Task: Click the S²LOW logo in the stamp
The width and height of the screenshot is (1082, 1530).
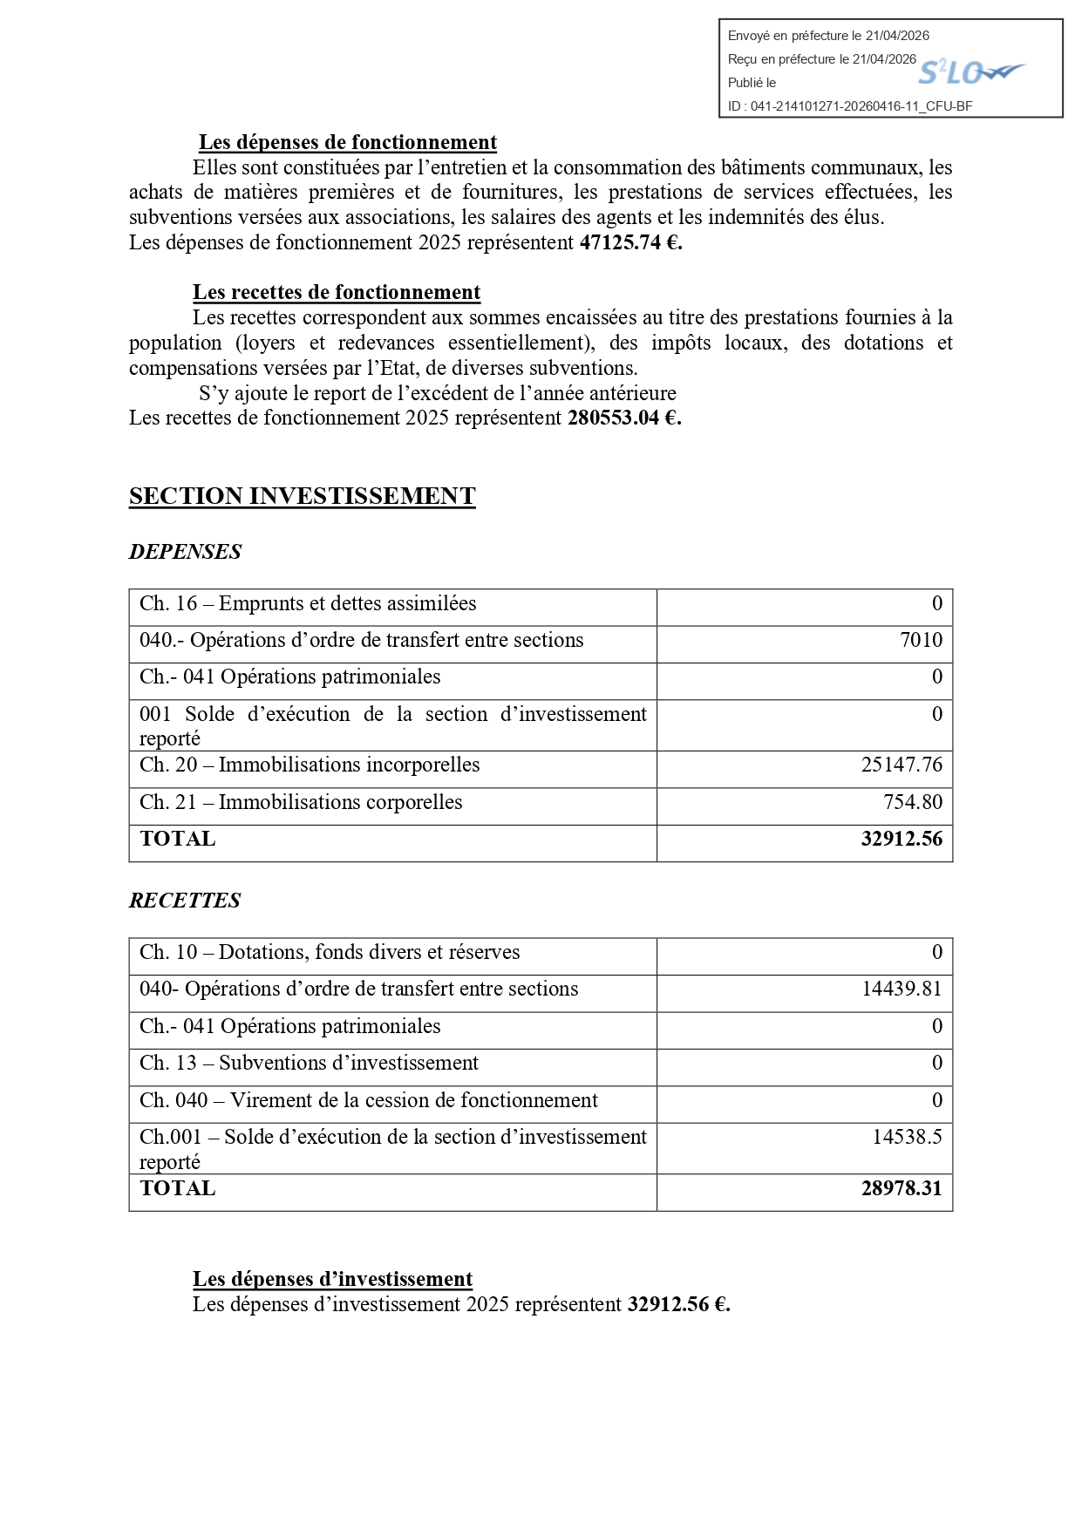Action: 970,72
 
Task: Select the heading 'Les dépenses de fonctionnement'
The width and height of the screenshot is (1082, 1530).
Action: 347,142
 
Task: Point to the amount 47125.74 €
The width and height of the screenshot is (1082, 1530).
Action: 630,242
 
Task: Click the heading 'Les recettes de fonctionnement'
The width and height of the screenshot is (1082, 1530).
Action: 337,292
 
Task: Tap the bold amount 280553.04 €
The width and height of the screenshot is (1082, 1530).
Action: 623,418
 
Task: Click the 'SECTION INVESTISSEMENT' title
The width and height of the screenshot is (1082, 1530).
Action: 302,496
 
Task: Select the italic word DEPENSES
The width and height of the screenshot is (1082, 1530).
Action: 185,552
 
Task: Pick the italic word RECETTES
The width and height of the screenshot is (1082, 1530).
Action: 185,901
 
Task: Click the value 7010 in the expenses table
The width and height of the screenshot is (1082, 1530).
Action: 921,640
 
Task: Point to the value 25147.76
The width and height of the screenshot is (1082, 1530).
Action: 902,765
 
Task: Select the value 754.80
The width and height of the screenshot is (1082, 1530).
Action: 912,802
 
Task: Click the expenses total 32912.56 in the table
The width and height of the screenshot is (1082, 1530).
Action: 902,839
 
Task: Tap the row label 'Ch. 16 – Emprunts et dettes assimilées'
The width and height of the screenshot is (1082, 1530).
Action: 308,603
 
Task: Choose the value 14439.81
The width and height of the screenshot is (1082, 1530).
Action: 902,989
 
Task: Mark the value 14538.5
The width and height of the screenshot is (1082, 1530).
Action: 907,1137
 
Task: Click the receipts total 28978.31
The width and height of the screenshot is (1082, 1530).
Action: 902,1188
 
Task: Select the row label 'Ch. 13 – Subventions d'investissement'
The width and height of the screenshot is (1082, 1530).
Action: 309,1063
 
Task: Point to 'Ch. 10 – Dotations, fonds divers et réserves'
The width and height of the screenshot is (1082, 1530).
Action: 330,952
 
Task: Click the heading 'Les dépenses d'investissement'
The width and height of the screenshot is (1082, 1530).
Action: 332,1279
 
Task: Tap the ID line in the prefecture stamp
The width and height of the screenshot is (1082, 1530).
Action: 849,106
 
